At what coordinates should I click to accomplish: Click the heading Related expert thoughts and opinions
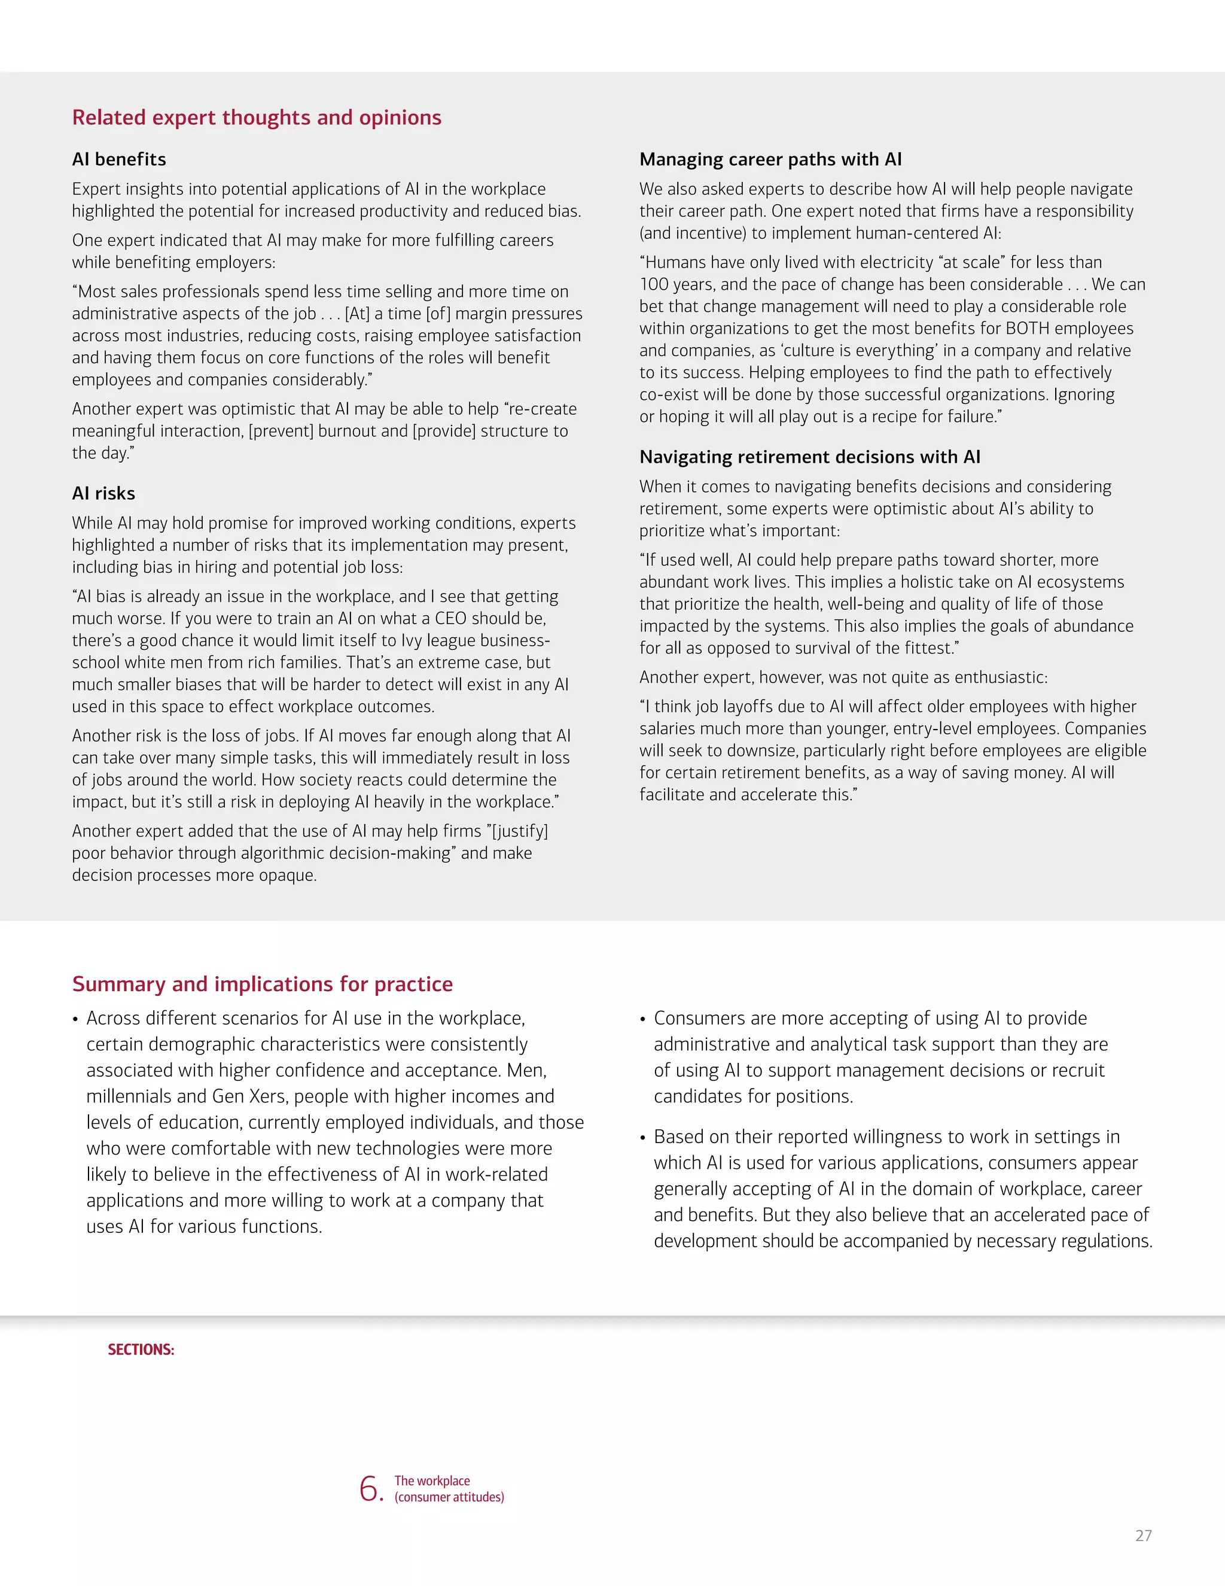point(256,118)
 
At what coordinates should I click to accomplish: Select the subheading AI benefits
point(119,159)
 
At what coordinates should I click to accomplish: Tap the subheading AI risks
point(103,493)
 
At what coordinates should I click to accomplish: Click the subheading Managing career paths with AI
point(770,159)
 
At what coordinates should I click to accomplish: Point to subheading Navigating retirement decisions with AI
point(810,457)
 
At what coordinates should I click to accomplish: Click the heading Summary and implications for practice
point(262,984)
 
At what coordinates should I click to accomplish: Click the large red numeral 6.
point(370,1488)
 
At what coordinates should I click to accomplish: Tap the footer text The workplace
point(432,1481)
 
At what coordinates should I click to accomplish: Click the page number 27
point(1143,1536)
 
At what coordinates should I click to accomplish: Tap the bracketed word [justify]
point(520,831)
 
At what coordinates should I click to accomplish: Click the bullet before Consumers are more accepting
point(643,1020)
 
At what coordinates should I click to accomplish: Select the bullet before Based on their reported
point(643,1138)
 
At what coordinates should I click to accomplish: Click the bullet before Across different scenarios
point(75,1020)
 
